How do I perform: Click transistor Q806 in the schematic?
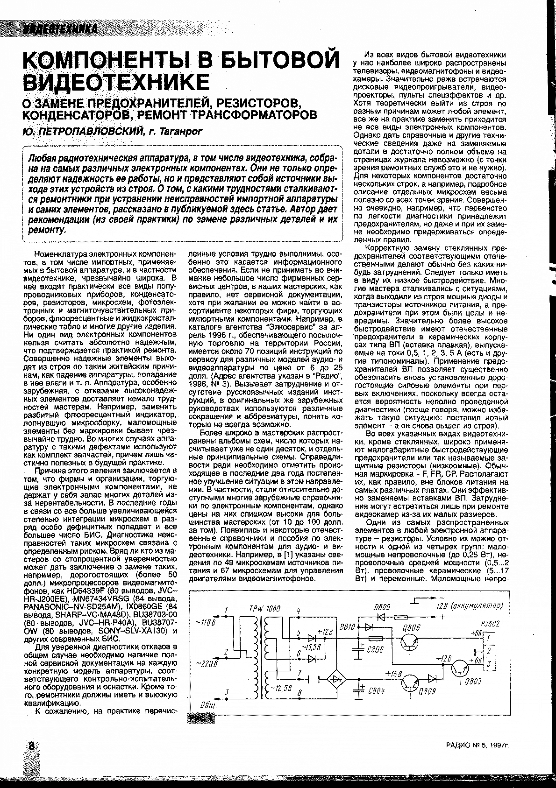[x=410, y=643]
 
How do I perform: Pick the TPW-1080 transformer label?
[x=256, y=609]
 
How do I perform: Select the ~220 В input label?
[x=206, y=664]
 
